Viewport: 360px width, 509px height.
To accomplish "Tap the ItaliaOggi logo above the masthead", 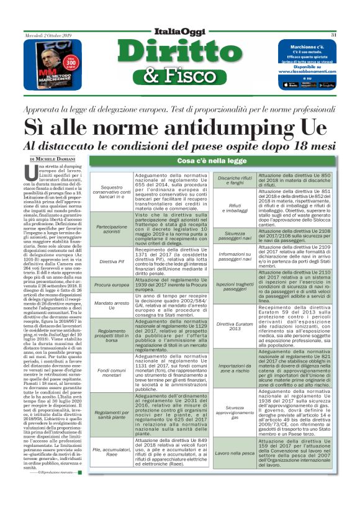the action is tap(180, 34).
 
